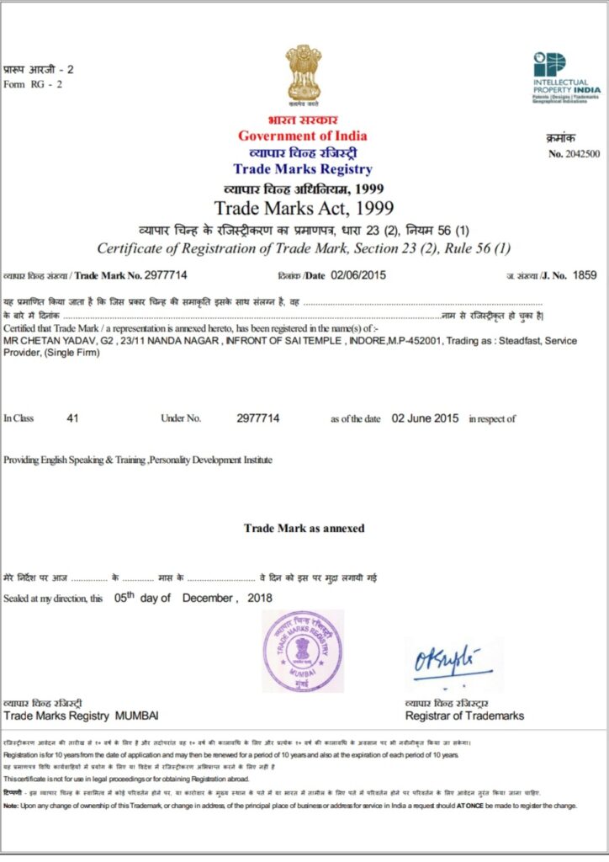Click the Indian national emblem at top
(303, 74)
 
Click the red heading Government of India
(302, 136)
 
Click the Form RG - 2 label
(33, 84)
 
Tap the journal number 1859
(584, 274)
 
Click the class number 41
(72, 418)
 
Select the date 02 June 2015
(426, 418)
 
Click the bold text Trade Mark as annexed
(304, 528)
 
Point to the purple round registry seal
(303, 652)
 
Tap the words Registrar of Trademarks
(464, 716)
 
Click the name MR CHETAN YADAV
(50, 339)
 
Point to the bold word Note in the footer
(12, 806)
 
